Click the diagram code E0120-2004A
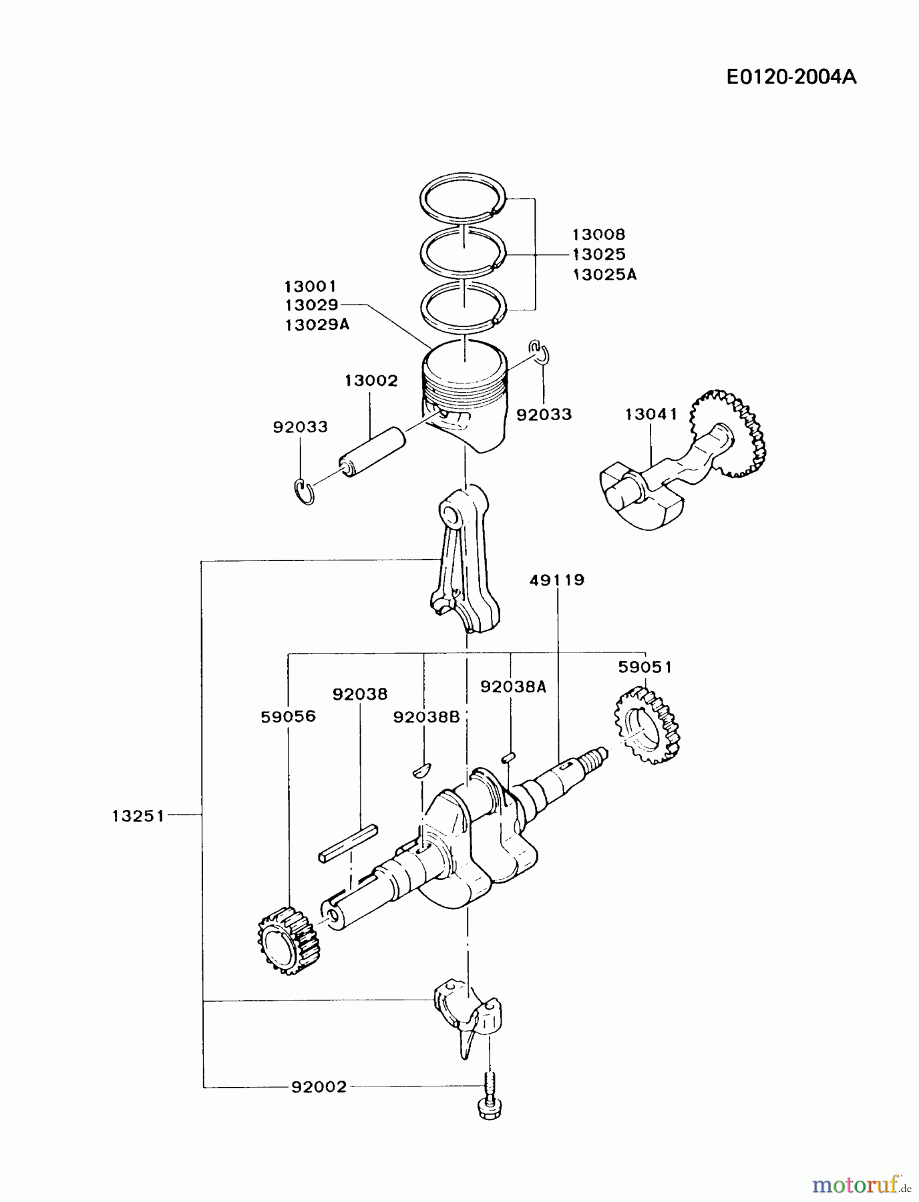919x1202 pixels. [791, 77]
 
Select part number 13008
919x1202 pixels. [598, 234]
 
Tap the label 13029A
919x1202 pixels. [317, 325]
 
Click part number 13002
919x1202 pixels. [371, 381]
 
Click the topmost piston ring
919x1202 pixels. [464, 198]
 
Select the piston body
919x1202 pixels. [465, 397]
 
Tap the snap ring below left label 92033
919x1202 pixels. [305, 491]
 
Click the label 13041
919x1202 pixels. [651, 414]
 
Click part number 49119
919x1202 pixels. [557, 580]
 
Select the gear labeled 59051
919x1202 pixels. [645, 727]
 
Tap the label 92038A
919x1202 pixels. [513, 687]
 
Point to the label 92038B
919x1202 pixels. [426, 717]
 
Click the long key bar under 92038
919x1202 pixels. [349, 843]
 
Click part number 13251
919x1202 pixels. [138, 815]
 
